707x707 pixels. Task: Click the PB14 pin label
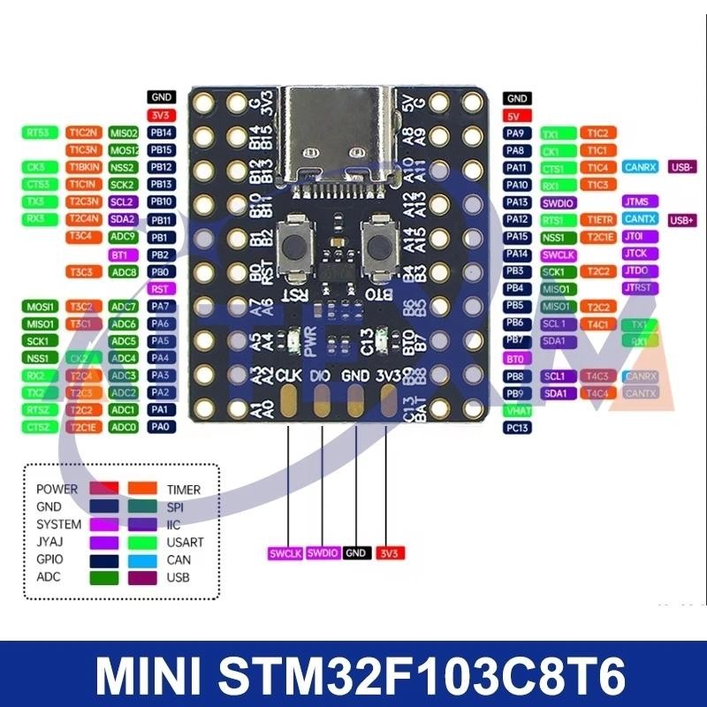coord(161,133)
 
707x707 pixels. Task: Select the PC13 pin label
coord(518,428)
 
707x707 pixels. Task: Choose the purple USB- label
coord(683,167)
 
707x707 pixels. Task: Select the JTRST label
coord(637,288)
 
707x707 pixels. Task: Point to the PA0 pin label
coord(161,427)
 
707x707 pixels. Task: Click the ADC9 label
coord(123,237)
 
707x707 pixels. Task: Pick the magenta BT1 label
coord(123,255)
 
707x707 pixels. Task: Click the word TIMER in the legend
coord(184,490)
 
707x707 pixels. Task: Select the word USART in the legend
coord(185,543)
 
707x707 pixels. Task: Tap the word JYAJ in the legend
coord(50,543)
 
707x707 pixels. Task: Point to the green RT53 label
coord(37,133)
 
